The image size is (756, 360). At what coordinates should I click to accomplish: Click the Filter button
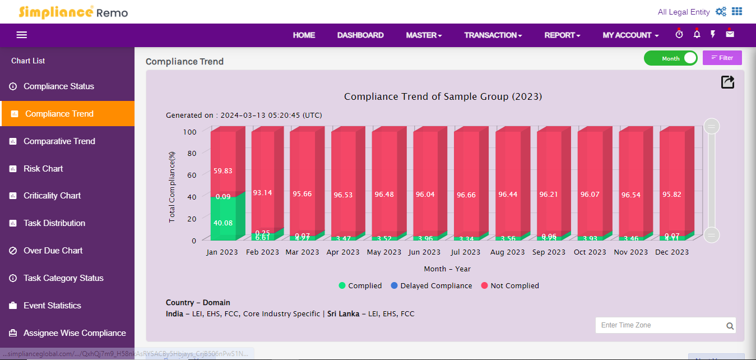pos(722,58)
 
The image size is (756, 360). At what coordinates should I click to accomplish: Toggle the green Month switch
pos(670,58)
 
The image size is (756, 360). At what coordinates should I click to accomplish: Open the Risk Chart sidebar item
pos(43,169)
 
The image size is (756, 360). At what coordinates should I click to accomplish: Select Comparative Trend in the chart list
pos(59,141)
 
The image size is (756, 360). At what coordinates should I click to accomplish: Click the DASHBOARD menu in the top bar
pos(360,35)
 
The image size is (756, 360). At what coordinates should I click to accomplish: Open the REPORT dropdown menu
pos(562,35)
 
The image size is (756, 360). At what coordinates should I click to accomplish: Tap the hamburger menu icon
pos(22,35)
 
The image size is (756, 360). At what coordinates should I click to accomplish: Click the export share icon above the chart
pos(727,82)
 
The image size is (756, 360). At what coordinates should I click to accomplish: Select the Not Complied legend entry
pos(510,286)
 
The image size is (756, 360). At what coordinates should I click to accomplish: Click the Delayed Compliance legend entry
pos(431,286)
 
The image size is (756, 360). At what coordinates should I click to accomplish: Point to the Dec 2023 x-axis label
pos(672,252)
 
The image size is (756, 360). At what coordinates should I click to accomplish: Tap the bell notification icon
pos(697,35)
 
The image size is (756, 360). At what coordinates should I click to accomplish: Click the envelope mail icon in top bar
pos(730,35)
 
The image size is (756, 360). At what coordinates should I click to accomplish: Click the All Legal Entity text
pos(684,12)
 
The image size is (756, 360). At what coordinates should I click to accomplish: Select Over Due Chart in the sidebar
pos(53,251)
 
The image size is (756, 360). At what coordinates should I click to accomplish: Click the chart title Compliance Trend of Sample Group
pos(443,96)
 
